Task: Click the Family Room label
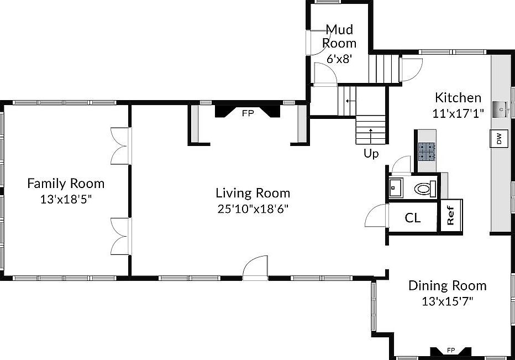(x=66, y=183)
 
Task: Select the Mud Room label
(x=339, y=36)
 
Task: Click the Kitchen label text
(x=458, y=98)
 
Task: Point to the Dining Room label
(x=447, y=286)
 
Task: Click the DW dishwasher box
(x=498, y=139)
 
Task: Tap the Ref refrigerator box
(x=450, y=216)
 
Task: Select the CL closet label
(x=413, y=218)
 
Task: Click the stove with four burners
(x=426, y=151)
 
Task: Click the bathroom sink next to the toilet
(x=396, y=188)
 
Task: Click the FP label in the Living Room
(x=248, y=113)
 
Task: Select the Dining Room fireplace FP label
(x=450, y=350)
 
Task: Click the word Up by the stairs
(x=371, y=154)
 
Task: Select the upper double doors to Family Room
(x=120, y=145)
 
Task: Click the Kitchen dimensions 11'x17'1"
(x=458, y=113)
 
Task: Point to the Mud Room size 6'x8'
(x=339, y=58)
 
